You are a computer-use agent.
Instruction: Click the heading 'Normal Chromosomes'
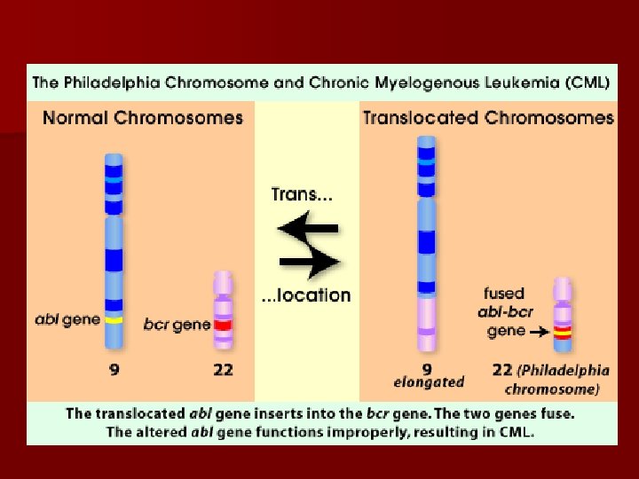(143, 118)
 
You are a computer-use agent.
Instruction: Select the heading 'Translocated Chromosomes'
(487, 118)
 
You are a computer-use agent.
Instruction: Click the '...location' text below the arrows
(306, 295)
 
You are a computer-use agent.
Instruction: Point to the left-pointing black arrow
(307, 229)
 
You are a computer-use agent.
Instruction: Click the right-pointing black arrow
(308, 261)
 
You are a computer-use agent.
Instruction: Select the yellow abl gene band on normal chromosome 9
(114, 318)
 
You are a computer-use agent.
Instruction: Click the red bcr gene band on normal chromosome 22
(222, 324)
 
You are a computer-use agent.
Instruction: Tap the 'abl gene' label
(67, 318)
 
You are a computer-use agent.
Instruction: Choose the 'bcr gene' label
(177, 325)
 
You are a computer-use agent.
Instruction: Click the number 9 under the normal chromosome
(114, 369)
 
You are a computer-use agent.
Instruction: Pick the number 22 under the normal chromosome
(222, 369)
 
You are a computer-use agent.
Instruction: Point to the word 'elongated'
(429, 382)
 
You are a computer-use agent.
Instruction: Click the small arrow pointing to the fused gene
(537, 331)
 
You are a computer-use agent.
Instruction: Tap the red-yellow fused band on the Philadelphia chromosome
(561, 332)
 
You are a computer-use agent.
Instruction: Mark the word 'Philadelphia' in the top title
(109, 84)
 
